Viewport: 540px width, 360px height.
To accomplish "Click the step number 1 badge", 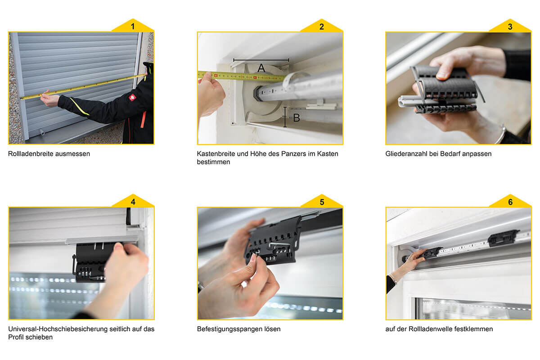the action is pyautogui.click(x=133, y=26).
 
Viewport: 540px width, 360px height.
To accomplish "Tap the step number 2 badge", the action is pyautogui.click(x=322, y=26).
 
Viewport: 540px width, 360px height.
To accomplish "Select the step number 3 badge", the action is pyautogui.click(x=510, y=26).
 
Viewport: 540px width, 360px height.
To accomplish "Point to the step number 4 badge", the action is pyautogui.click(x=133, y=201).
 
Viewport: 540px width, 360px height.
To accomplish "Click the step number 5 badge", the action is pyautogui.click(x=322, y=202).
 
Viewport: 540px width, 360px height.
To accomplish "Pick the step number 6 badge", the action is pyautogui.click(x=510, y=202).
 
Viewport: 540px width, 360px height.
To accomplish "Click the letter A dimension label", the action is pyautogui.click(x=261, y=68).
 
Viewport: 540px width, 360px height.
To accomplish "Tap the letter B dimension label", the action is pyautogui.click(x=297, y=118).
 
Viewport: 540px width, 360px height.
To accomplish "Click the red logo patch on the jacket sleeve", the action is pyautogui.click(x=132, y=97).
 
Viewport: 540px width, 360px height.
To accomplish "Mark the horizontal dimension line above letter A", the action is pyautogui.click(x=261, y=59).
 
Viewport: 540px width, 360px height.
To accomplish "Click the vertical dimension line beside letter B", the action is pyautogui.click(x=285, y=117).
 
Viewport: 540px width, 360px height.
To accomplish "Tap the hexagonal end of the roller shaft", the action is pyautogui.click(x=257, y=94).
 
